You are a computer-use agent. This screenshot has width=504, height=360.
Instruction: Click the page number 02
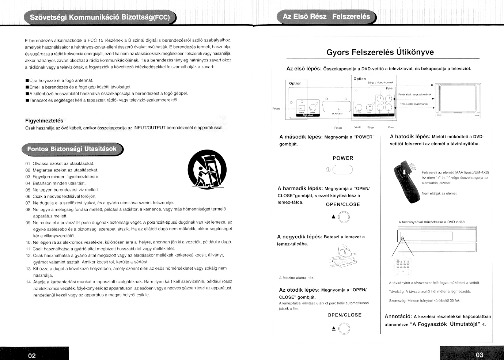(x=32, y=356)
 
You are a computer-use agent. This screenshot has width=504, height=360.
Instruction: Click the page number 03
(x=480, y=355)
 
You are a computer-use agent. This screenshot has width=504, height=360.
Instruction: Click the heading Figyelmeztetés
(x=44, y=121)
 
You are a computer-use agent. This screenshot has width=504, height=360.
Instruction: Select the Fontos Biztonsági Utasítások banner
(x=72, y=149)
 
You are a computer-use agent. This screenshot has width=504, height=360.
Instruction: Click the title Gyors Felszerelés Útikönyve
(x=380, y=52)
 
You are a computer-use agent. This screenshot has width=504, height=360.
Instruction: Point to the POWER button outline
(x=342, y=170)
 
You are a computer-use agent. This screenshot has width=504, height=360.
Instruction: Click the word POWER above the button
(x=343, y=158)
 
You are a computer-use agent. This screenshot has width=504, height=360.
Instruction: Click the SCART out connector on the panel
(x=336, y=106)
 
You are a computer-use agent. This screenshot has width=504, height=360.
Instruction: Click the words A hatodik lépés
(x=410, y=137)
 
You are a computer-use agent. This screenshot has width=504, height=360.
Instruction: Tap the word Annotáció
(x=398, y=317)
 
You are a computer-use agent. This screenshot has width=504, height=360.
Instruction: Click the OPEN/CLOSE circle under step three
(x=344, y=217)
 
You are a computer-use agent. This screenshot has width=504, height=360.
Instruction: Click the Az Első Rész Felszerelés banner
(x=326, y=17)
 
